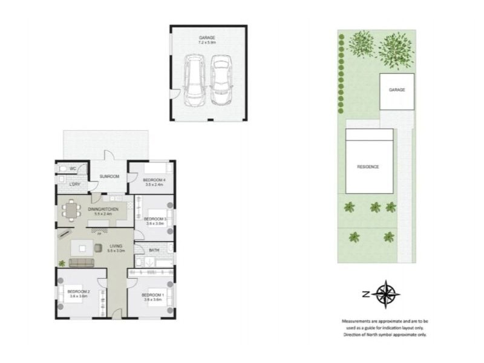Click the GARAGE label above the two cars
point(207,38)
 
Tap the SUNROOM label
point(109,176)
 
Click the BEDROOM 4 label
point(154,180)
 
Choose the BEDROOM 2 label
point(79,292)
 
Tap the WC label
point(71,168)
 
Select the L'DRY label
point(75,184)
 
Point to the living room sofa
point(82,263)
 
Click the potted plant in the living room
point(62,263)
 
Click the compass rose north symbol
point(385,295)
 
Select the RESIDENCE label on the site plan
point(368,166)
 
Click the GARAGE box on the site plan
point(396,91)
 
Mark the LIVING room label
point(116,246)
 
